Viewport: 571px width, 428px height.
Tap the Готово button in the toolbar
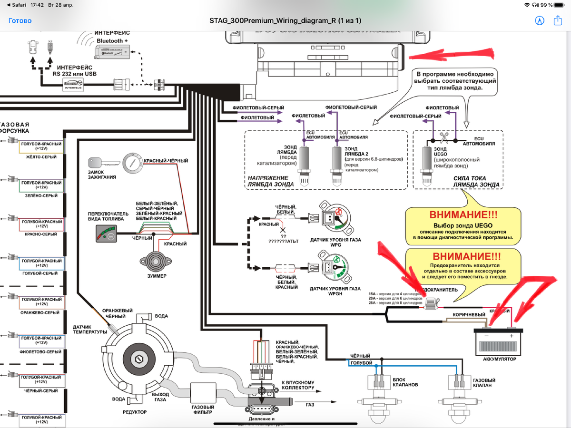click(x=20, y=21)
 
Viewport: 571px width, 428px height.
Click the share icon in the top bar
click(x=558, y=20)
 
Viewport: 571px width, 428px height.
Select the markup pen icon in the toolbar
click(x=539, y=20)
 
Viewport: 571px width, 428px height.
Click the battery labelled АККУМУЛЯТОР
click(x=499, y=341)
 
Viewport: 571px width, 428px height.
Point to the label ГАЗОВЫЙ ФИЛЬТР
click(x=203, y=410)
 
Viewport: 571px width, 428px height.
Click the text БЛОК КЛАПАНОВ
click(x=405, y=381)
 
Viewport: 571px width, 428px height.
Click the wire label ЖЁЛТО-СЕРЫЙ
click(x=40, y=156)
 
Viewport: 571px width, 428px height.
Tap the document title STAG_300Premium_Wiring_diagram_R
click(x=285, y=21)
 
